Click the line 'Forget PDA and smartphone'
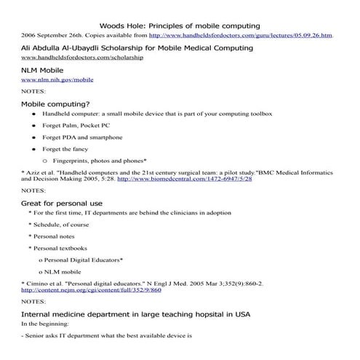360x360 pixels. point(82,137)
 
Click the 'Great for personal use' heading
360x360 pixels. point(62,203)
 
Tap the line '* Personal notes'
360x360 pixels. point(55,236)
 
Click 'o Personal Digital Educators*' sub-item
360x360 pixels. point(80,259)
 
